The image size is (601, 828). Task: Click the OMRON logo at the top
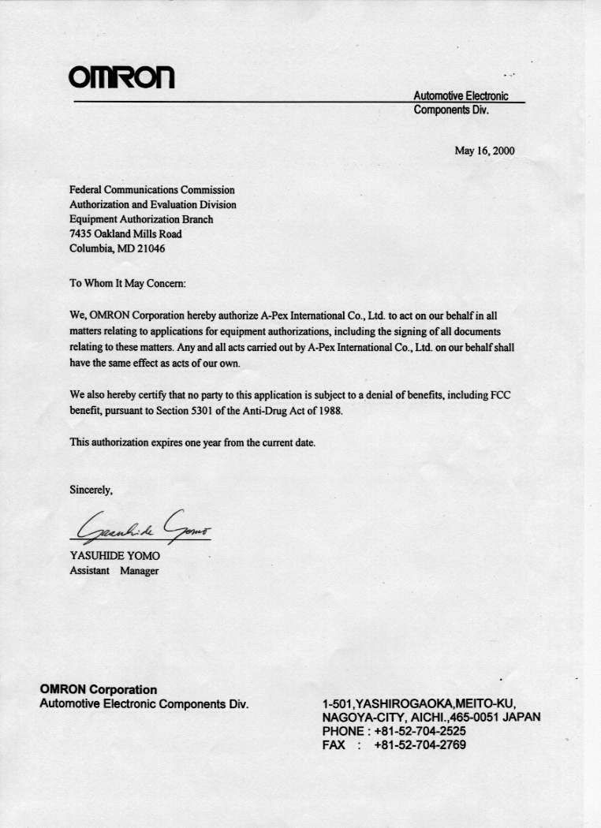pyautogui.click(x=121, y=76)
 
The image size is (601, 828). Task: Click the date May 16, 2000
pyautogui.click(x=484, y=151)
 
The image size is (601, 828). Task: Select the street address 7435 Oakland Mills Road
pyautogui.click(x=125, y=234)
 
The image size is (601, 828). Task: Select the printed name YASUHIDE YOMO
pyautogui.click(x=115, y=556)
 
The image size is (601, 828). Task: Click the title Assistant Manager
pyautogui.click(x=114, y=571)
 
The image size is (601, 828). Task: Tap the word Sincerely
pyautogui.click(x=91, y=490)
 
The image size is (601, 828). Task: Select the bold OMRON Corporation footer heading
pyautogui.click(x=98, y=690)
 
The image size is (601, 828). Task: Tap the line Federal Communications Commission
pyautogui.click(x=152, y=190)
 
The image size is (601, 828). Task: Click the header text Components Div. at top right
pyautogui.click(x=450, y=110)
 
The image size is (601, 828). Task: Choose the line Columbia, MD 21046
pyautogui.click(x=118, y=248)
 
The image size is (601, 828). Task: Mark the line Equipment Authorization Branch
pyautogui.click(x=141, y=219)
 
